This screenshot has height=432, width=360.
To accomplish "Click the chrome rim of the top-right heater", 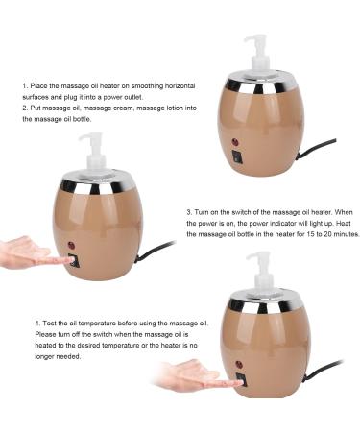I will [259, 84].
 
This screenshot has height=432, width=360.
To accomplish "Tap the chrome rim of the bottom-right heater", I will [265, 304].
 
